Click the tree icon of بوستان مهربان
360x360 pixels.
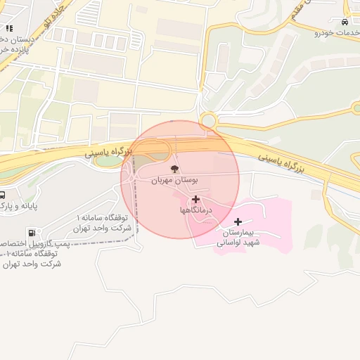(x=174, y=169)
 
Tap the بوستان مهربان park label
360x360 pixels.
(x=174, y=181)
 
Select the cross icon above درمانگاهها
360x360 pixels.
(x=195, y=199)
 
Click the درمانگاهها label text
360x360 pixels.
(x=193, y=210)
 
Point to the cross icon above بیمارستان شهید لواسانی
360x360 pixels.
(x=238, y=222)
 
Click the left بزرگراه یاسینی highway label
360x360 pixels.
(x=109, y=150)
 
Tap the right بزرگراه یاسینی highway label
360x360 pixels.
(x=281, y=162)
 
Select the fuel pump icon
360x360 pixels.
(x=31, y=233)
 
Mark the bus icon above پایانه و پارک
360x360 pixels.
(x=2, y=195)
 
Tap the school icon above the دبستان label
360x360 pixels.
(x=9, y=28)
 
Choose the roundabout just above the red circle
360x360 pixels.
(x=208, y=121)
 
